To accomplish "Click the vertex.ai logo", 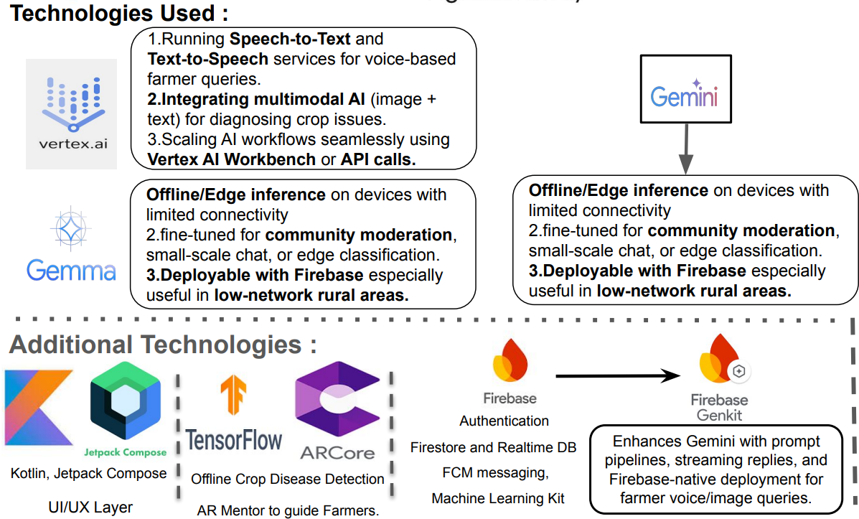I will [71, 113].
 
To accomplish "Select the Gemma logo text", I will [71, 270].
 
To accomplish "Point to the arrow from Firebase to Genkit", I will [617, 375].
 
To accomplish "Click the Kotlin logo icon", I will [39, 406].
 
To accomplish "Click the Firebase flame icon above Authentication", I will [510, 361].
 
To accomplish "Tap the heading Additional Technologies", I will [163, 345].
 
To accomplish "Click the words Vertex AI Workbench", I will [231, 159].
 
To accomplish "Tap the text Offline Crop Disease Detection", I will [287, 478].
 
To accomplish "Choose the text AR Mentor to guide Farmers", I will [288, 510].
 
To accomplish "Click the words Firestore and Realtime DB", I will [494, 447].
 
